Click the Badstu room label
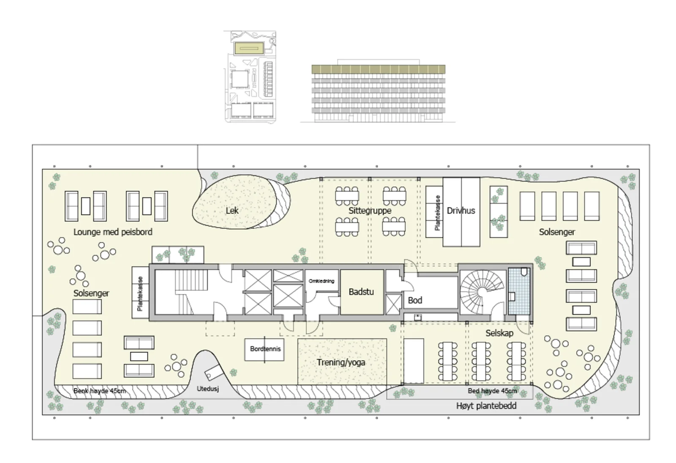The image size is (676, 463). click(361, 292)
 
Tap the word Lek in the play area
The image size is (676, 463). click(232, 211)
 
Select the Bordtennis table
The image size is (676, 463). click(264, 349)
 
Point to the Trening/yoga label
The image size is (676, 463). click(341, 362)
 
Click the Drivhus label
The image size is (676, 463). click(461, 211)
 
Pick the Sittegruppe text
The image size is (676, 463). click(370, 211)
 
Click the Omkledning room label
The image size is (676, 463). click(322, 281)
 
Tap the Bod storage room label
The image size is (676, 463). click(415, 300)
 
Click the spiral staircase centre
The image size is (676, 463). click(482, 292)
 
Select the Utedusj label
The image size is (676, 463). click(207, 389)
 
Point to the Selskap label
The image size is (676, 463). click(499, 333)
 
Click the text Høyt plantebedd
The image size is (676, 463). click(486, 406)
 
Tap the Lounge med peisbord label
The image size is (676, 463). click(113, 232)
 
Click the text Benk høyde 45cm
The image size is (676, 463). click(100, 391)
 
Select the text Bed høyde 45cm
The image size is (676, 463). click(492, 391)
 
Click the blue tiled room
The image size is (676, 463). click(519, 291)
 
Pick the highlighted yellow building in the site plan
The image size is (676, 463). click(249, 48)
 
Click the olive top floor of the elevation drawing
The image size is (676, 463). click(379, 69)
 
